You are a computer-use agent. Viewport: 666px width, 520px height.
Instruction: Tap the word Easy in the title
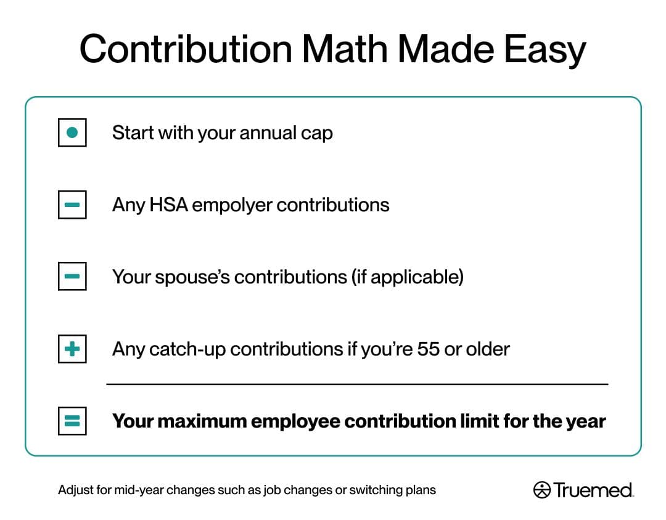pyautogui.click(x=545, y=52)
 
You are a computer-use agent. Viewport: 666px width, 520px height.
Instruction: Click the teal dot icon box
pyautogui.click(x=72, y=132)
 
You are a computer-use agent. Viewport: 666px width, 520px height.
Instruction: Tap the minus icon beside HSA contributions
pyautogui.click(x=72, y=205)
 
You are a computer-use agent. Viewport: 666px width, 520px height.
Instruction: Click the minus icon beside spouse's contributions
pyautogui.click(x=72, y=277)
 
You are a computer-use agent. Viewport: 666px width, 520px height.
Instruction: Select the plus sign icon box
pyautogui.click(x=72, y=349)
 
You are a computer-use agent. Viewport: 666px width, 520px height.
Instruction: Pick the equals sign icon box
pyautogui.click(x=72, y=421)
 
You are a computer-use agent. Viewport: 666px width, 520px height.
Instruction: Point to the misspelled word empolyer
pyautogui.click(x=232, y=206)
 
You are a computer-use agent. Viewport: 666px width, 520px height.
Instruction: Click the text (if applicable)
pyautogui.click(x=407, y=277)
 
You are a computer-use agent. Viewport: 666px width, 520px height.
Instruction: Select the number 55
pyautogui.click(x=428, y=349)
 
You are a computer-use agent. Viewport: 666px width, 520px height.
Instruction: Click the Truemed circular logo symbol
pyautogui.click(x=541, y=490)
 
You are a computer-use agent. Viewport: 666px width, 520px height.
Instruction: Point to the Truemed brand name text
pyautogui.click(x=593, y=490)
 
